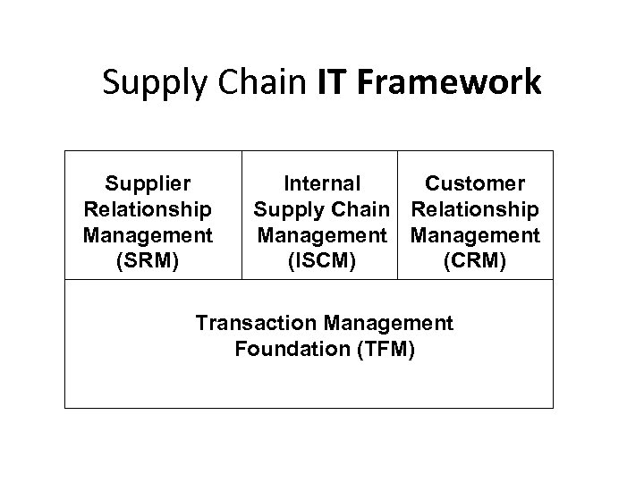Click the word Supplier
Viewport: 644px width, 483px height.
[148, 184]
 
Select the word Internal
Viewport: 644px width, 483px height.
[321, 184]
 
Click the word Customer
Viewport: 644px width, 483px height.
[475, 184]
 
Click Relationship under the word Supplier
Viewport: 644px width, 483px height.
[148, 209]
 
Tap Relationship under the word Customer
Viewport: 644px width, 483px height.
[475, 209]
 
